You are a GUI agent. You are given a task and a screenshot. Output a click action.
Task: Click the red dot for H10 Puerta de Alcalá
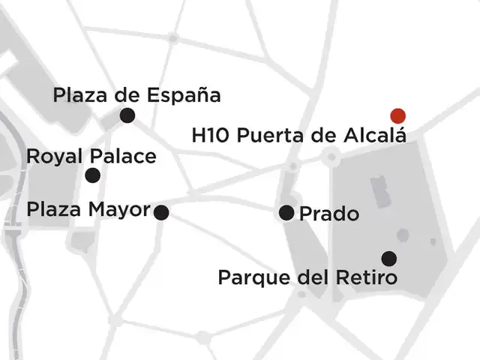398,115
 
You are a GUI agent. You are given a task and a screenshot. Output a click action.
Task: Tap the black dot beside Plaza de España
127,115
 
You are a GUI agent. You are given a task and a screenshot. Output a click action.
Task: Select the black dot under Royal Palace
92,175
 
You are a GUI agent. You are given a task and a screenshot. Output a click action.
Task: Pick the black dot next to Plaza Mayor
161,212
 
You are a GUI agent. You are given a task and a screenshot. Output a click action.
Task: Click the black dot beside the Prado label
286,213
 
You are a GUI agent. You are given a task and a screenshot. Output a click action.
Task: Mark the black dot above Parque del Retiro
388,259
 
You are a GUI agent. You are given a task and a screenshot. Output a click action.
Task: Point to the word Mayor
123,209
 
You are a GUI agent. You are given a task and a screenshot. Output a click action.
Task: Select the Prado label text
328,214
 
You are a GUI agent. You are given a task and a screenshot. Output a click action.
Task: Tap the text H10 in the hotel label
208,136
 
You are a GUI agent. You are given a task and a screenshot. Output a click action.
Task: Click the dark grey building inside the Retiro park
380,191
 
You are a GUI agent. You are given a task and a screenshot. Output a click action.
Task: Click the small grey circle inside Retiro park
403,235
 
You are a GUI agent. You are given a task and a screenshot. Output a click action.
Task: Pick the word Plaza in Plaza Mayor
56,209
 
